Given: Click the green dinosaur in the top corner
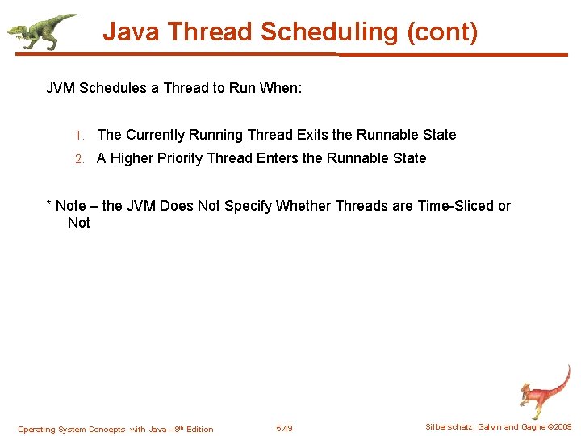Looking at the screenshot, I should [x=41, y=31].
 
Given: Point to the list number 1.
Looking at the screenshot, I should [x=79, y=136].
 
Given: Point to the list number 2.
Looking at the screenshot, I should [x=79, y=159].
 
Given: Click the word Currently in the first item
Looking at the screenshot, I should [x=155, y=135].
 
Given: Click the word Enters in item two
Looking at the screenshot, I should [x=278, y=158].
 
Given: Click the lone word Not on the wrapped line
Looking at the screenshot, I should [x=78, y=223].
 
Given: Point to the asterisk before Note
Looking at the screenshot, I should [x=48, y=205].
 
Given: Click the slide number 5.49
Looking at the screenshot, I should [x=284, y=429].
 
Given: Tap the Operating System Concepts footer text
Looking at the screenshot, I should [x=115, y=429].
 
